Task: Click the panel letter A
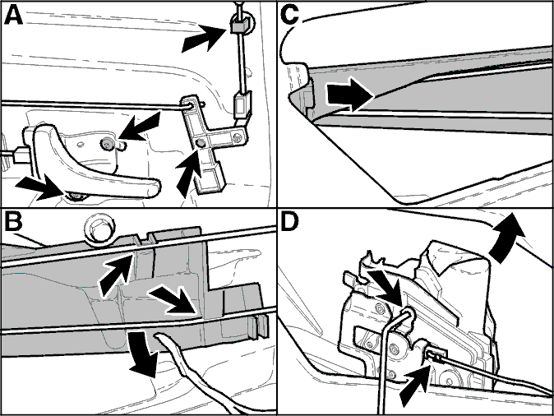pyautogui.click(x=13, y=15)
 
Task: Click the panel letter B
pyautogui.click(x=13, y=221)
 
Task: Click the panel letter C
pyautogui.click(x=289, y=15)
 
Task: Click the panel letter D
pyautogui.click(x=289, y=221)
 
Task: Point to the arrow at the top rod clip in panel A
pyautogui.click(x=204, y=38)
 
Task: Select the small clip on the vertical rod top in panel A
pyautogui.click(x=238, y=25)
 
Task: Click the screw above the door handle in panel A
pyautogui.click(x=107, y=143)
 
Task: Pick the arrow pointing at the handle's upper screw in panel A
pyautogui.click(x=139, y=127)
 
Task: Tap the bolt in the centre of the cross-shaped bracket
pyautogui.click(x=201, y=142)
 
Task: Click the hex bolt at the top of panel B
pyautogui.click(x=99, y=229)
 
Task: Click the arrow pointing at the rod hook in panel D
pyautogui.click(x=385, y=288)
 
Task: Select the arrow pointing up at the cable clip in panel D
pyautogui.click(x=416, y=387)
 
